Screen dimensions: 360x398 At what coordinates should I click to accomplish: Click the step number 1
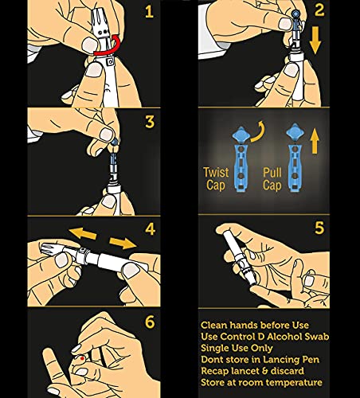click(x=149, y=12)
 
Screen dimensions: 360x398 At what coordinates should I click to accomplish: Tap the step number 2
click(x=319, y=10)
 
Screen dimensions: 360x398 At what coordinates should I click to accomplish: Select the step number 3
click(x=150, y=122)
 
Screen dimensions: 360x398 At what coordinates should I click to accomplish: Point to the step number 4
click(x=150, y=229)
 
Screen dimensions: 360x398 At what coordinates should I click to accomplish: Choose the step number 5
click(x=319, y=228)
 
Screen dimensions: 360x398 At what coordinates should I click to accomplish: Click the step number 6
click(x=150, y=322)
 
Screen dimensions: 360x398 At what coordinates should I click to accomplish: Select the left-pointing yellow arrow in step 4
click(x=83, y=233)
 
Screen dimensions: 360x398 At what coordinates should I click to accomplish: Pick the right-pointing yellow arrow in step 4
click(x=123, y=243)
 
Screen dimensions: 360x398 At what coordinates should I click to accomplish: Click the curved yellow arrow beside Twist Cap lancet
click(x=258, y=131)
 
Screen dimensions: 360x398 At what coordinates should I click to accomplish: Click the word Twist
click(x=216, y=173)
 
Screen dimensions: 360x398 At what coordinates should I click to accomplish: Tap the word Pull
click(x=272, y=173)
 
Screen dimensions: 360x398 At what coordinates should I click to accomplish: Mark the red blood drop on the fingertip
click(x=83, y=358)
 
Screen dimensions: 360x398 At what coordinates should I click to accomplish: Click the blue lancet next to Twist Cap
click(x=241, y=159)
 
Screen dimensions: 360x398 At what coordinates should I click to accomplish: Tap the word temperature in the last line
click(x=294, y=383)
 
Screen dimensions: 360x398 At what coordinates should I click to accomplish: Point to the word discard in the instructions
click(x=288, y=371)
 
